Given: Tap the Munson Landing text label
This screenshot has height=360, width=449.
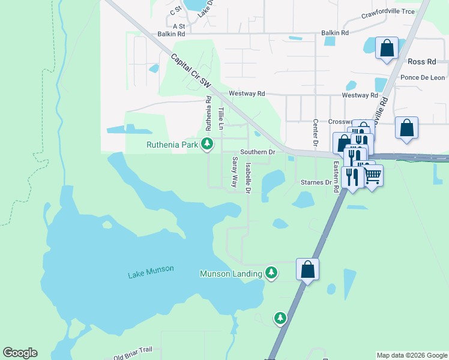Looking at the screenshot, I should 231,274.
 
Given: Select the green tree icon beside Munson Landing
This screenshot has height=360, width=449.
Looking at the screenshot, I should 271,273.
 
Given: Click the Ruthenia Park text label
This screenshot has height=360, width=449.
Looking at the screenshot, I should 173,144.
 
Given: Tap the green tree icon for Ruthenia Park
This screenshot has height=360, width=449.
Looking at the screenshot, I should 206,143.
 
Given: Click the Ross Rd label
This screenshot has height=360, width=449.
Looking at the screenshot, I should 422,62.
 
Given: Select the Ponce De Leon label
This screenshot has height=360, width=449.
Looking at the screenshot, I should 422,77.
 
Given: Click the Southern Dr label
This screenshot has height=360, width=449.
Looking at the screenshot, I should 257,152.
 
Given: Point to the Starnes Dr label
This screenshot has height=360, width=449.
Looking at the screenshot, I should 316,182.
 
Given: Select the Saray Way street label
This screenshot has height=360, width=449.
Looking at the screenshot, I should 235,172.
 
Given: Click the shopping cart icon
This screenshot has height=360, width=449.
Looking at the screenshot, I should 372,175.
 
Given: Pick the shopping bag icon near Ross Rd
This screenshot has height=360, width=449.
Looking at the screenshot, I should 387,47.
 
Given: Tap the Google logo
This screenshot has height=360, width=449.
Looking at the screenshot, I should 20,353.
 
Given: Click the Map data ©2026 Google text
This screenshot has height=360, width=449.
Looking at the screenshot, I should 411,355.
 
